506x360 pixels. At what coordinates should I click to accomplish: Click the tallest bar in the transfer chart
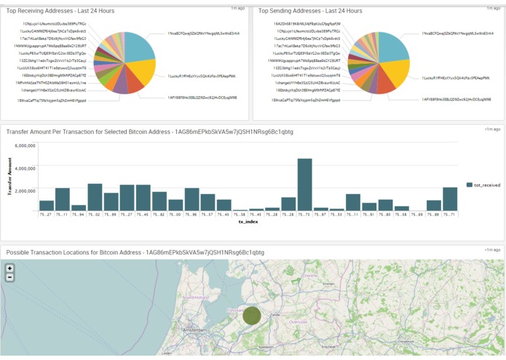[304, 184]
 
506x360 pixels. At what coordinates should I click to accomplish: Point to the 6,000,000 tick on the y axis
[21, 146]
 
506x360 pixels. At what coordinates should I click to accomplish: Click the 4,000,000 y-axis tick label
[21, 168]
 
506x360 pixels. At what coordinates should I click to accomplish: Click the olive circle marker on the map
[252, 316]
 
